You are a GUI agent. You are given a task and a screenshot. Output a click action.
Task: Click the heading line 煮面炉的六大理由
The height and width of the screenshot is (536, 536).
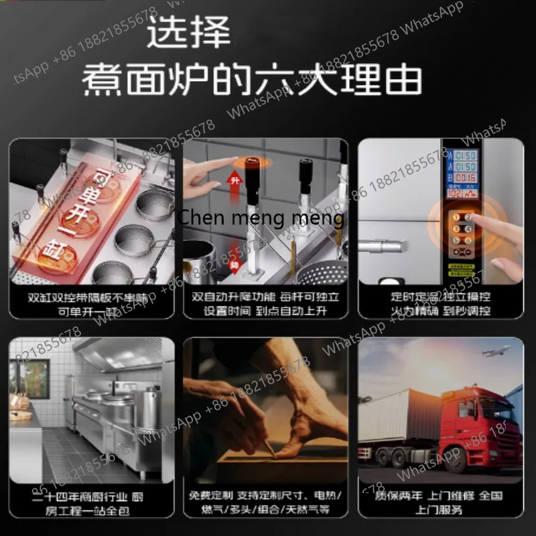point(252,78)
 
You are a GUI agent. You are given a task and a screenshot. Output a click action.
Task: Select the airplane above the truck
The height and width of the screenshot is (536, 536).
point(492,351)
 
